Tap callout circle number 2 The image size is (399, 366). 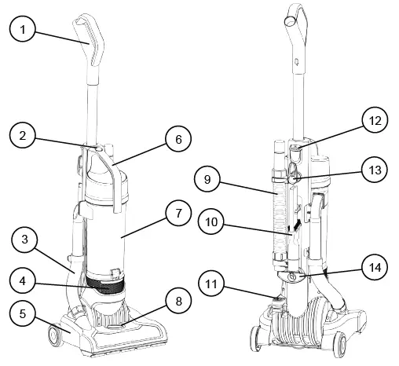pos(23,137)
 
